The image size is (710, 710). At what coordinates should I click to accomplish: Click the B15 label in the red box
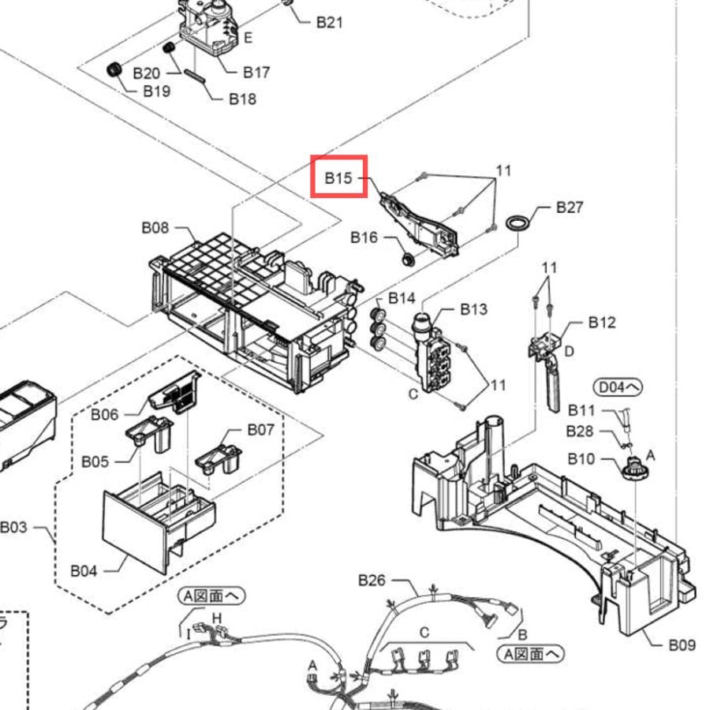click(x=338, y=178)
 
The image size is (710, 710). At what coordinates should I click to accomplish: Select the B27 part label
click(x=570, y=207)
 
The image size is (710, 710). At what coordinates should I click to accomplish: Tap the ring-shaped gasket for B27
click(x=517, y=222)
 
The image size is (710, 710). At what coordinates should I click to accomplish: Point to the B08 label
click(x=155, y=227)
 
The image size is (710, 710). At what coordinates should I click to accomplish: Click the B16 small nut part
click(x=409, y=260)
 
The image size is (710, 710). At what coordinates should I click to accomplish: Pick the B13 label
click(x=473, y=309)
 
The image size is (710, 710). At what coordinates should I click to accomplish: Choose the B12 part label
click(x=602, y=323)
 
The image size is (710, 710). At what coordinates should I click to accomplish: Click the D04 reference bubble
click(x=618, y=387)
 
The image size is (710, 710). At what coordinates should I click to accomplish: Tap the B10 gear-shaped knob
click(x=635, y=468)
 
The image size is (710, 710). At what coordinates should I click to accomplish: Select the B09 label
click(x=682, y=645)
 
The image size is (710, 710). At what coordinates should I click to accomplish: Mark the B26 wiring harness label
click(x=372, y=580)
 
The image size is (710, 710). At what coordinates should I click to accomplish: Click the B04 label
click(x=84, y=571)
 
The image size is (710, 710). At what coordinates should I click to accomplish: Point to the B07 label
click(x=261, y=429)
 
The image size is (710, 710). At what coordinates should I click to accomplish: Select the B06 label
click(x=105, y=414)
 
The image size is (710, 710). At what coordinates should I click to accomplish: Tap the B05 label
click(x=95, y=461)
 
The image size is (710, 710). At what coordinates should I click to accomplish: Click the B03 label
click(x=13, y=528)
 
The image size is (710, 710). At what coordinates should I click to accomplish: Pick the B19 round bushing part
click(x=114, y=70)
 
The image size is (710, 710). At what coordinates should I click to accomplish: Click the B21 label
click(x=330, y=22)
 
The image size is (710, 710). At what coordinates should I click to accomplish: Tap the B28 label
click(x=580, y=432)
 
